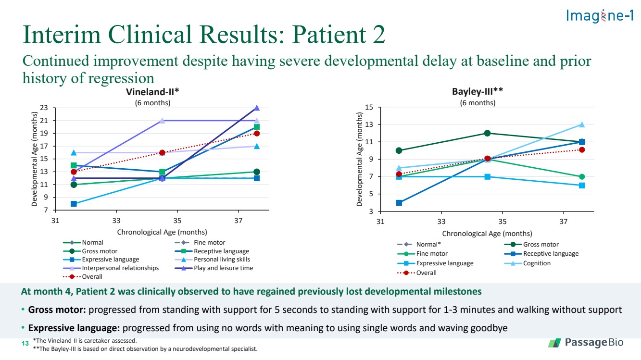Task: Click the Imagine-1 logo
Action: [x=600, y=15]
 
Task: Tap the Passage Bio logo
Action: [x=586, y=342]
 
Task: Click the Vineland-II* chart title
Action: [x=152, y=92]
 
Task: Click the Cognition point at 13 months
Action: [x=582, y=124]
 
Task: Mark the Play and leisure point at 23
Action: [x=257, y=108]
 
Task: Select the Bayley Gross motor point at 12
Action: [x=487, y=133]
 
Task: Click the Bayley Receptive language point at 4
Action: [x=399, y=202]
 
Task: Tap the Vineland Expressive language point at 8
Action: [x=74, y=204]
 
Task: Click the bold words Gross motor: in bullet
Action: [x=57, y=310]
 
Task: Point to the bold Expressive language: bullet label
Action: [x=74, y=328]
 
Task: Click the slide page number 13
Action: [x=25, y=343]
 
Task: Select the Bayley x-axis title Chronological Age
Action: [x=487, y=234]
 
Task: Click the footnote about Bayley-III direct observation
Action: [x=145, y=349]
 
